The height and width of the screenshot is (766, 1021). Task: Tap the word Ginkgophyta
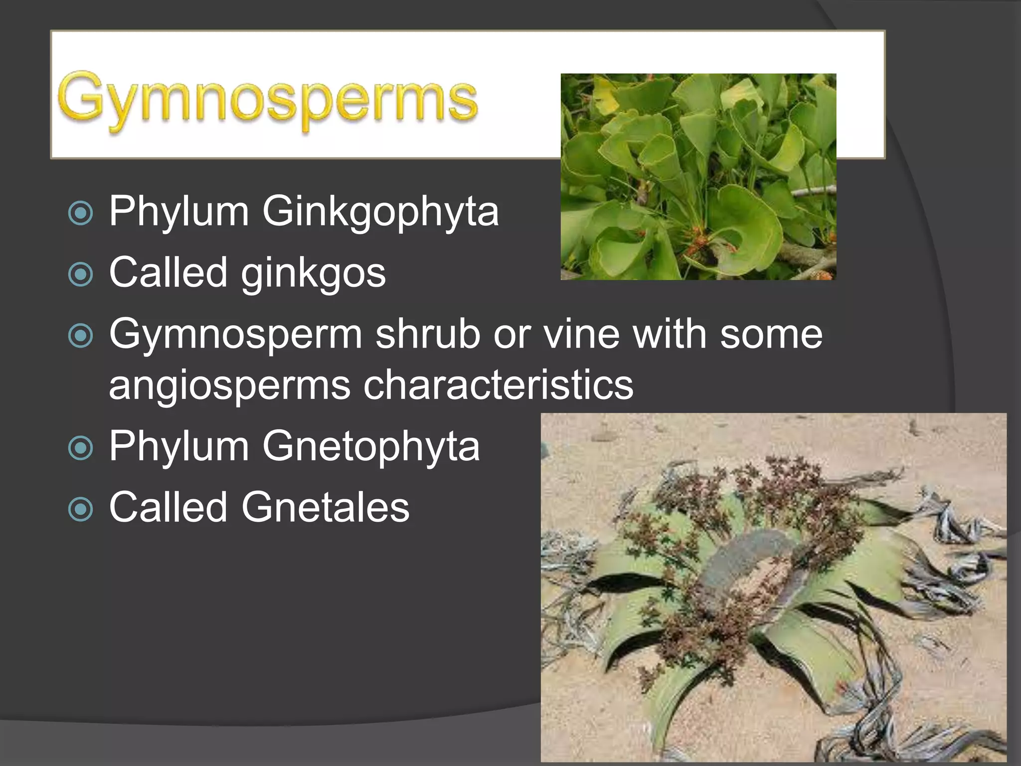coord(380,211)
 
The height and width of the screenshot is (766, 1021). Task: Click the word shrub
coord(428,334)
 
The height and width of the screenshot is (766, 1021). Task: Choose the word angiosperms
coord(229,385)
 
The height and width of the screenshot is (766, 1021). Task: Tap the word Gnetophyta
coord(370,446)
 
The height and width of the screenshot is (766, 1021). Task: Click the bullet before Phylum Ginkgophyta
coord(81,213)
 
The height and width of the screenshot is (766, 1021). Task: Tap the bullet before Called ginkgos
coord(81,274)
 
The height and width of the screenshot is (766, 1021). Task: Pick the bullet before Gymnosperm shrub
coord(81,336)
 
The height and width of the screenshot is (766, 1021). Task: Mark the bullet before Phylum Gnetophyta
coord(81,448)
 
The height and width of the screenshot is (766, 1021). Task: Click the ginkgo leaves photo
coord(698,177)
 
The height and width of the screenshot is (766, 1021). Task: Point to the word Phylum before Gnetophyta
coord(179,446)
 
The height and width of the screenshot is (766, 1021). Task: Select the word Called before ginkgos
coord(169,272)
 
